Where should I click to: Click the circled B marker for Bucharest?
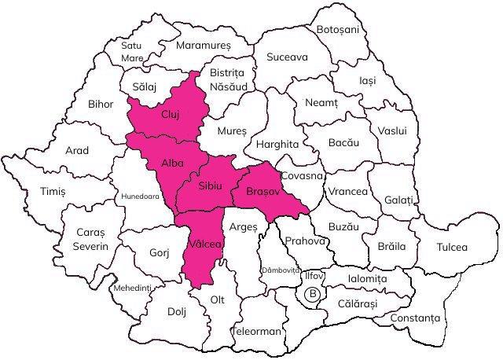313,295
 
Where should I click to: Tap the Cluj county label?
171,114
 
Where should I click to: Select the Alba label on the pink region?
172,163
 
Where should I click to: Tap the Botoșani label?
337,29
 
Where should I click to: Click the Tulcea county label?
452,247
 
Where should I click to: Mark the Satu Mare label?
132,52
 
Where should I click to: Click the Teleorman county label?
256,331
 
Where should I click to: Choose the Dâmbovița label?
281,270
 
